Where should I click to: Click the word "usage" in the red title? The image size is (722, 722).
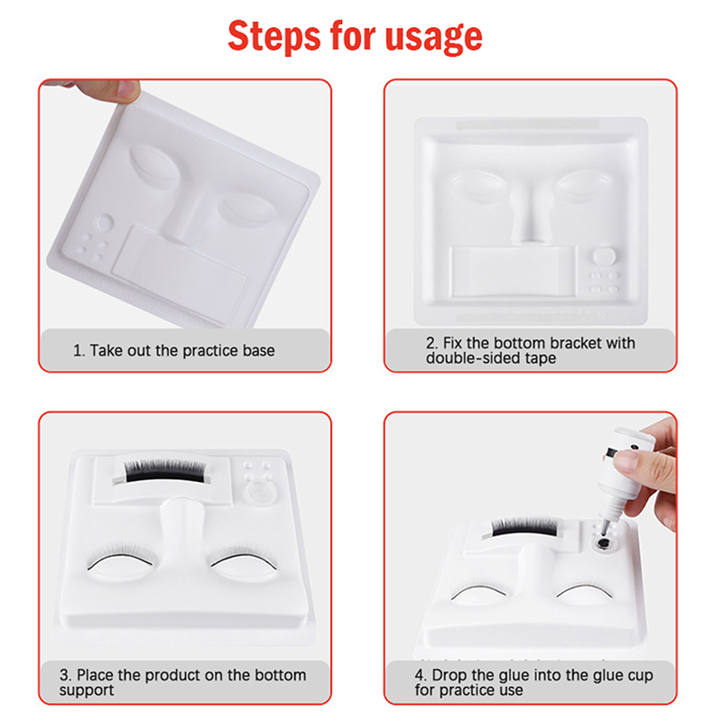[x=434, y=37]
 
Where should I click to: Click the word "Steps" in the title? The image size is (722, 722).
[x=274, y=36]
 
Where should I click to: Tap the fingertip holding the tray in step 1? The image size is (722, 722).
[x=128, y=88]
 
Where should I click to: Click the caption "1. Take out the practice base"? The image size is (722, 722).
[x=174, y=350]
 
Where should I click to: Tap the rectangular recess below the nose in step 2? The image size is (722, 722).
[x=513, y=272]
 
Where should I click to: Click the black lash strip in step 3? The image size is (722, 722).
[x=165, y=471]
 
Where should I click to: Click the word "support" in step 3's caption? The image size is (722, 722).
[x=87, y=690]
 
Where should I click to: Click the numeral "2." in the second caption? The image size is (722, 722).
[x=432, y=343]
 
